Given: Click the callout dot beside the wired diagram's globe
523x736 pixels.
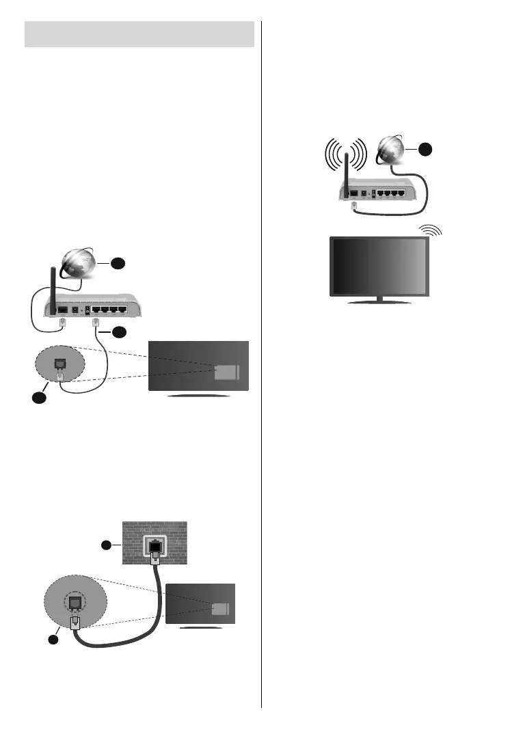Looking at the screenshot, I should click(118, 262).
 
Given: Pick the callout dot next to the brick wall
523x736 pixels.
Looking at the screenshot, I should click(106, 545).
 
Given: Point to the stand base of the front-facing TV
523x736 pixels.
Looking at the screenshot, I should click(379, 301).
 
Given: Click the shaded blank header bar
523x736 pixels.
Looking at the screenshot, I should click(139, 34).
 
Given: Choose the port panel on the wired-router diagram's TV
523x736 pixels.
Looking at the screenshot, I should click(227, 371).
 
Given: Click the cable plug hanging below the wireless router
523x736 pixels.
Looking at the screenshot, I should click(353, 204).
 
